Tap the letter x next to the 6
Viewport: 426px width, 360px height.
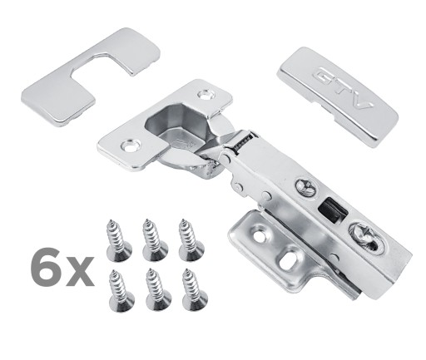[80, 271]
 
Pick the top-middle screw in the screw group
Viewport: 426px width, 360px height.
[154, 240]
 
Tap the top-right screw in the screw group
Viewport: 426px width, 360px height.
[191, 240]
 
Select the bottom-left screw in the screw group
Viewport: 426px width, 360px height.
[121, 289]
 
